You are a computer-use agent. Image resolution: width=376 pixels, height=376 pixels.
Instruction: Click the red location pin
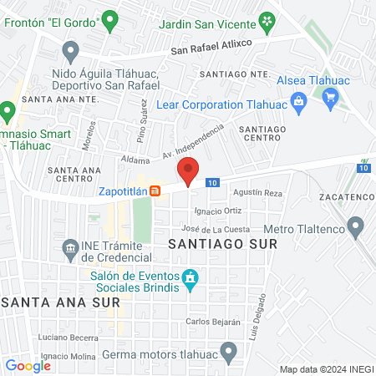[x=189, y=170]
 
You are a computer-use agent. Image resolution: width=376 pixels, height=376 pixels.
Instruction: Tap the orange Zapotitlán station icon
[x=155, y=191]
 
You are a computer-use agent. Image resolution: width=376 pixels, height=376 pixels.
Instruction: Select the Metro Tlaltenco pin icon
[x=357, y=226]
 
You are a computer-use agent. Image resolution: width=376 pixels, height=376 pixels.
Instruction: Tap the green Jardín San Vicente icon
[x=266, y=19]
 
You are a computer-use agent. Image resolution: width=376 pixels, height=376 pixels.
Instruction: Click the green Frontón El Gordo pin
[x=109, y=18]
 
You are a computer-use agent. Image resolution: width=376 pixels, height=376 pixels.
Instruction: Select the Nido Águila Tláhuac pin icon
[x=70, y=53]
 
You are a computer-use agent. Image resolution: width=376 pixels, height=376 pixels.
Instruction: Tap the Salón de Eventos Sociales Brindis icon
[x=190, y=277]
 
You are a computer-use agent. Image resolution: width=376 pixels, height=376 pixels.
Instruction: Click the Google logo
[x=28, y=365]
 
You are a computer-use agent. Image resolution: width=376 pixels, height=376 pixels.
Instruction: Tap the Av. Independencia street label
[x=195, y=141]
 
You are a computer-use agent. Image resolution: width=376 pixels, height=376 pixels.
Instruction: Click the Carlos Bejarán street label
[x=213, y=321]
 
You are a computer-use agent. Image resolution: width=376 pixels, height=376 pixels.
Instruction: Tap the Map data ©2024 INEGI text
[x=325, y=368]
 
